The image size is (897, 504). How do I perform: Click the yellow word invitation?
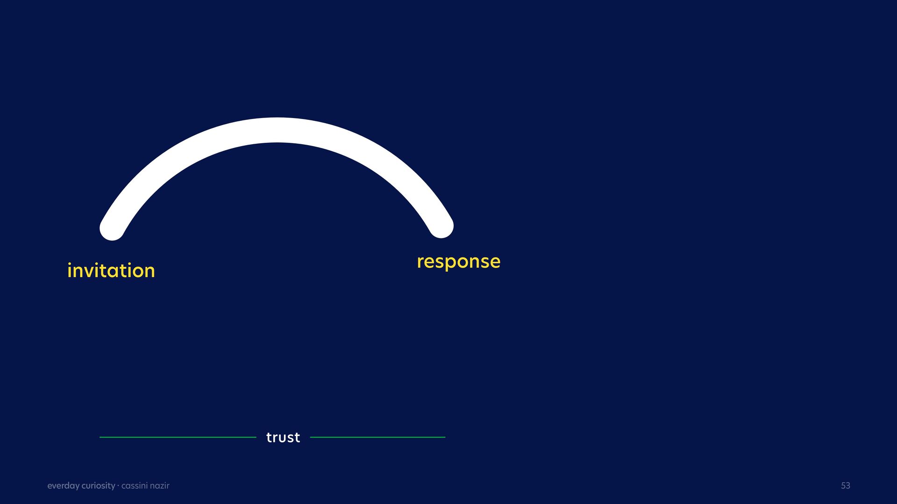(111, 271)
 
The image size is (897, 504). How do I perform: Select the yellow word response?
(458, 262)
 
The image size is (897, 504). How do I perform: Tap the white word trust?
(283, 437)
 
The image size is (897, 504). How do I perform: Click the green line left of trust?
(178, 437)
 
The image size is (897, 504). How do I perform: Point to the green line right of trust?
(377, 437)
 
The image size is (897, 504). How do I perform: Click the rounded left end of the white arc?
(112, 229)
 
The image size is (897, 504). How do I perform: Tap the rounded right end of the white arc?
(441, 226)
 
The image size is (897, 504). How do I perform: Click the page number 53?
(846, 486)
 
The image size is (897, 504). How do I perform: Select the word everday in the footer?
(63, 486)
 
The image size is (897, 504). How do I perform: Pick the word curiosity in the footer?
(99, 486)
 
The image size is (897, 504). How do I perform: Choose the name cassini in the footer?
(135, 486)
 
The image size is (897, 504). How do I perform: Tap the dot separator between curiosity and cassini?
(118, 485)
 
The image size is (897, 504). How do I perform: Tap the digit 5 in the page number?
(843, 486)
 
